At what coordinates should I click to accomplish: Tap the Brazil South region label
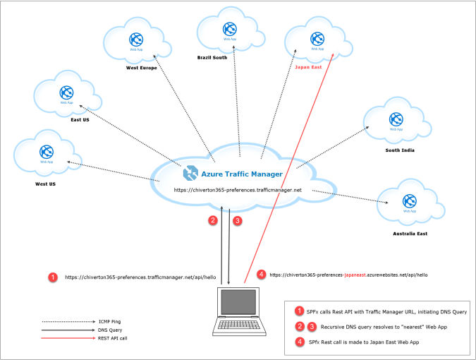coord(212,56)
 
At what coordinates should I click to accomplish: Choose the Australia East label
coord(410,232)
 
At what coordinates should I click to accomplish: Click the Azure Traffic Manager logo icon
coord(190,173)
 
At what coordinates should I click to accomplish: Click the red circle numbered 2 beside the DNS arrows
coord(212,220)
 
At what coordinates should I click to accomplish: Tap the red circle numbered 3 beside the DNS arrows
coord(238,220)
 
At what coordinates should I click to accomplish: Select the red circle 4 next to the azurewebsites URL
coord(262,274)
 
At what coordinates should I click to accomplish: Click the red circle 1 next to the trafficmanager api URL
coord(52,277)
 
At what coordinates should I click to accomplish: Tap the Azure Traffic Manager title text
coord(242,174)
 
